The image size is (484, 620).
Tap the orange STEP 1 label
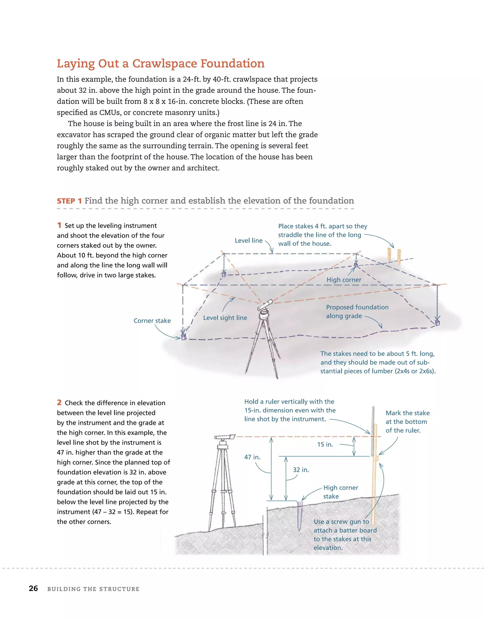coord(69,201)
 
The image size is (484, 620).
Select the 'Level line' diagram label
coord(248,240)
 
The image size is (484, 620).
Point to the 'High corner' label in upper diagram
coord(344,280)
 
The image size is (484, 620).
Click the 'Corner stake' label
coord(152,320)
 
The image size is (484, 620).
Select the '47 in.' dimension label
coord(252,457)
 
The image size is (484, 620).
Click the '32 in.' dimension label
coord(301,470)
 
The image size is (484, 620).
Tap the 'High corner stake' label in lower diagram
coord(340,492)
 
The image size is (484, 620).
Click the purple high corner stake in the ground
coord(300,515)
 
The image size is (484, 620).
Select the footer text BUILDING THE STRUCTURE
coord(93,589)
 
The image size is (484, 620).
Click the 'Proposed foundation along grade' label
coord(357,311)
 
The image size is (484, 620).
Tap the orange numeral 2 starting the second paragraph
coord(59,402)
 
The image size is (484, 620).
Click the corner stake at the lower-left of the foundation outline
coord(183,337)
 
